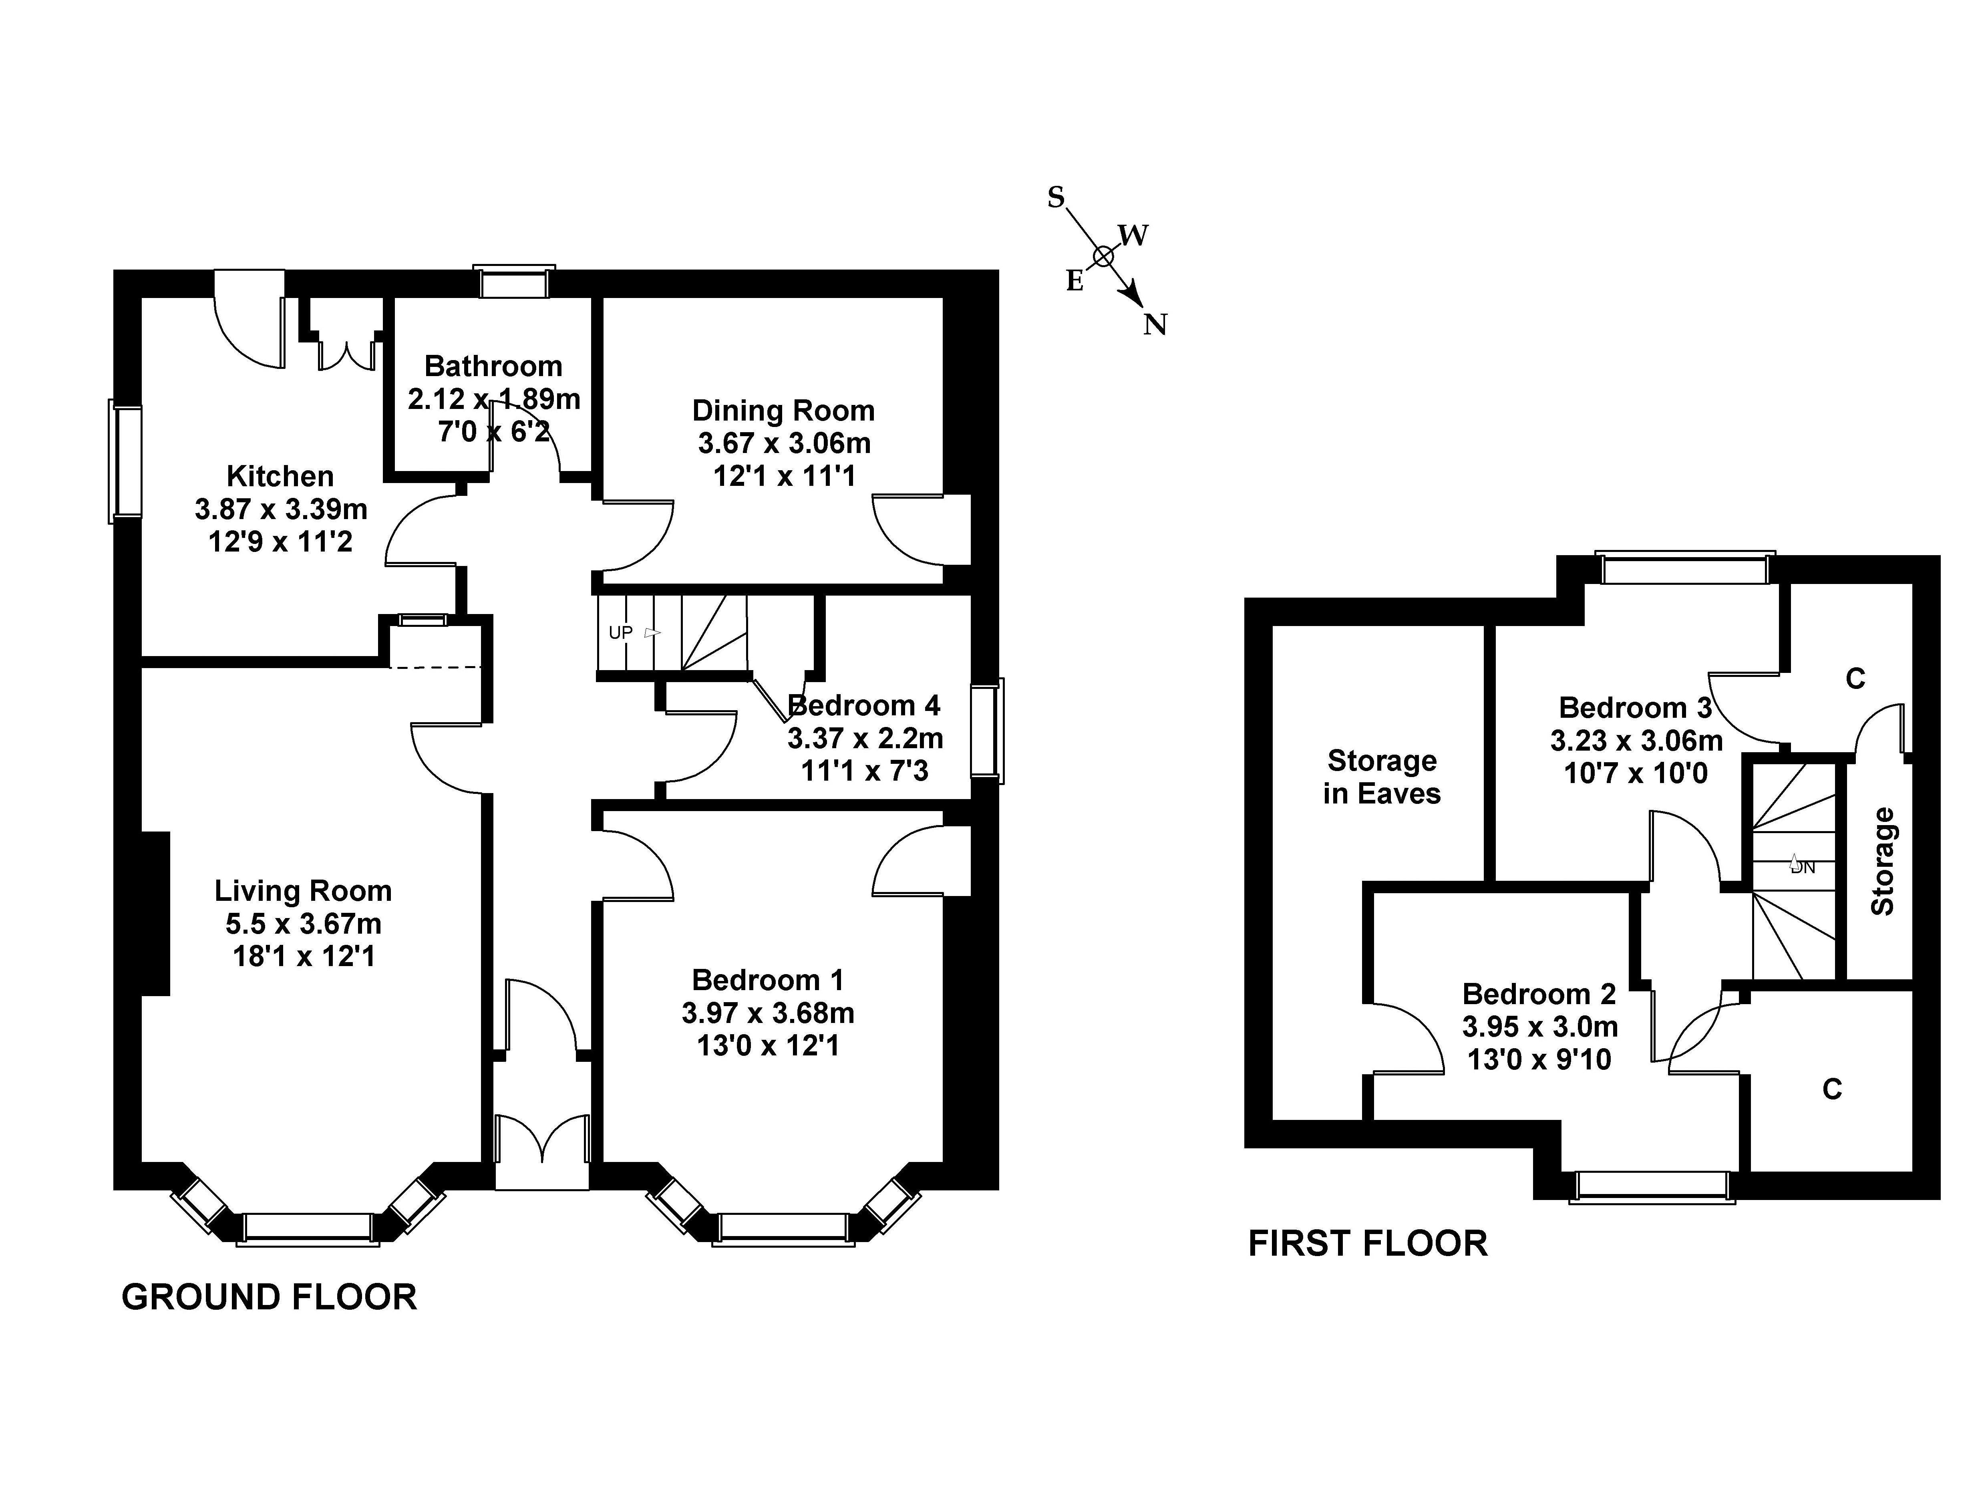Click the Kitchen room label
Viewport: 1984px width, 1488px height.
point(280,476)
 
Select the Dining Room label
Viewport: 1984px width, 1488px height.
point(783,411)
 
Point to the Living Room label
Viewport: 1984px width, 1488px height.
point(303,891)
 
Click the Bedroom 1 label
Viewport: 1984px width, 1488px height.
point(768,979)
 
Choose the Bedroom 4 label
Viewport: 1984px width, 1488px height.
point(864,706)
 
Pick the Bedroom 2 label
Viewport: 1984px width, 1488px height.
point(1539,994)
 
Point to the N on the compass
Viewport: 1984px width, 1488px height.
point(1155,325)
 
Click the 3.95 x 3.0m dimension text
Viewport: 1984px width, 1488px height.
point(1539,1026)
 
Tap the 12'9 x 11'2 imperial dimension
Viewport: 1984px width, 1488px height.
point(280,542)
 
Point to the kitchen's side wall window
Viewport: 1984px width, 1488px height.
point(127,462)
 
